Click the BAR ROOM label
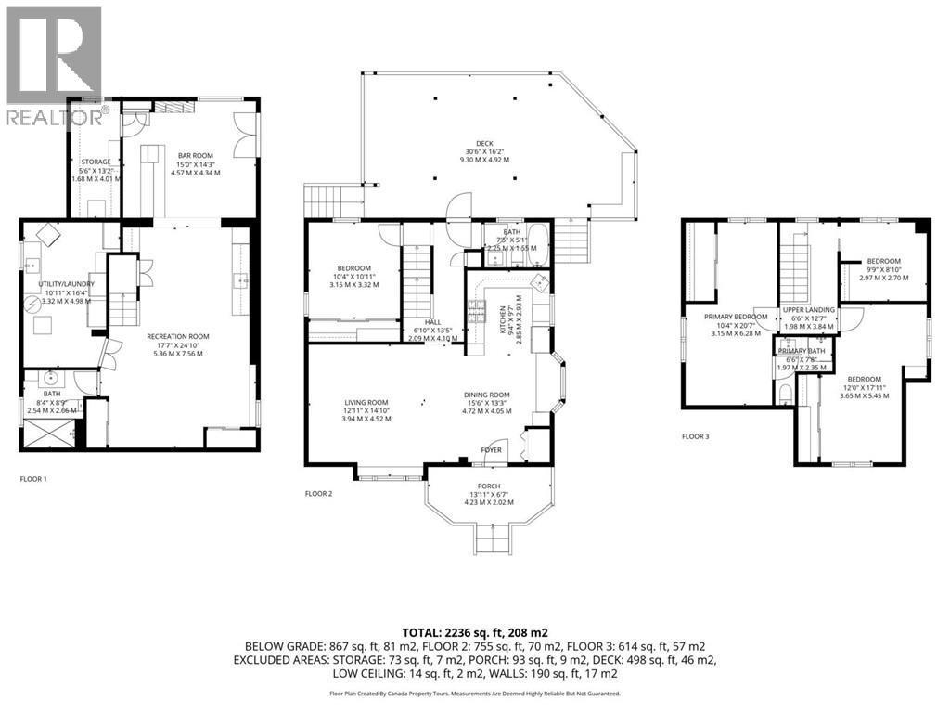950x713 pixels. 195,156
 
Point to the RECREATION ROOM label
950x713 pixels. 177,336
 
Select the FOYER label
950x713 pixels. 491,450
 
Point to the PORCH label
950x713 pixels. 488,486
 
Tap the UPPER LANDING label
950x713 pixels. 808,310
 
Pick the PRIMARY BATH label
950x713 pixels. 805,351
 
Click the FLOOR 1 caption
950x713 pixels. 33,479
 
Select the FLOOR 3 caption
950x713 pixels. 695,435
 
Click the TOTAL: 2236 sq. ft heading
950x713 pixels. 474,630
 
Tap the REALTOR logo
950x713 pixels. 53,65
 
